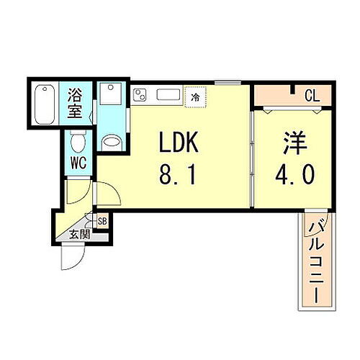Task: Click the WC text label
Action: pyautogui.click(x=78, y=162)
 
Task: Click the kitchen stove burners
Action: pyautogui.click(x=140, y=94)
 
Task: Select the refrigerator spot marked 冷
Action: pyautogui.click(x=194, y=95)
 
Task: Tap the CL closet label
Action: pyautogui.click(x=312, y=95)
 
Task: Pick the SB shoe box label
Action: pyautogui.click(x=102, y=221)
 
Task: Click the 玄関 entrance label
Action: pyautogui.click(x=80, y=233)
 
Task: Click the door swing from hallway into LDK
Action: pyautogui.click(x=106, y=192)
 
